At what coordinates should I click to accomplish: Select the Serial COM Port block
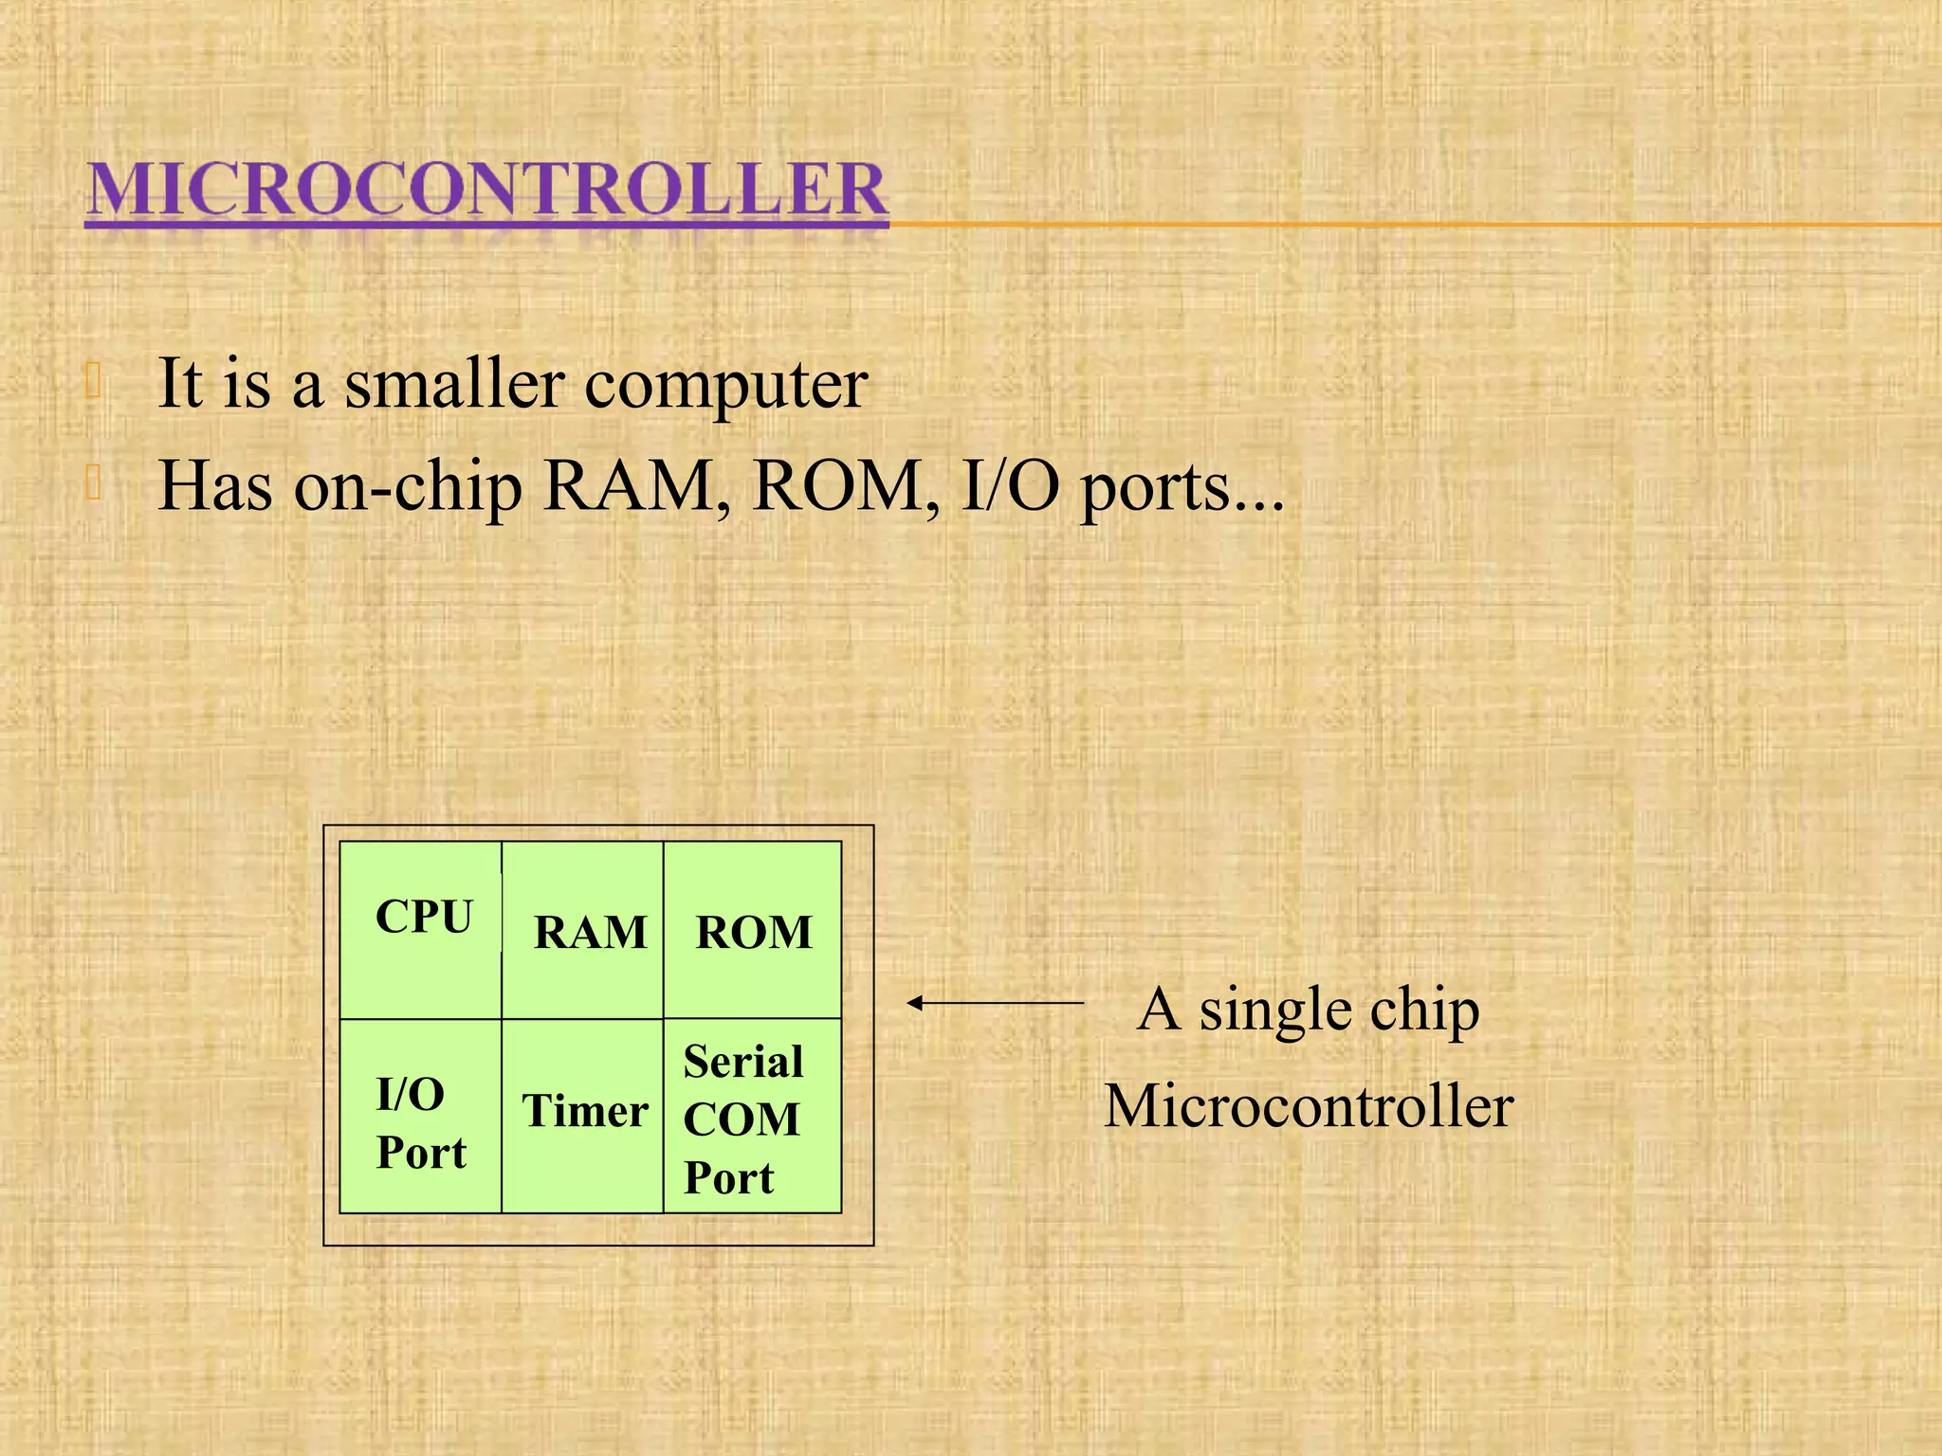tap(743, 1119)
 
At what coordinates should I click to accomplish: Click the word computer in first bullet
tap(725, 385)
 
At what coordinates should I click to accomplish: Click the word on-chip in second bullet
tap(408, 487)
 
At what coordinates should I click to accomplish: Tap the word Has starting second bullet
tap(215, 486)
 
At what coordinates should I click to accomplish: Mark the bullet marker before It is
tap(93, 380)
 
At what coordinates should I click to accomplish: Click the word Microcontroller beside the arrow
tap(1309, 1106)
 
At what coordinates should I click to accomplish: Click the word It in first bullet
tap(180, 383)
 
